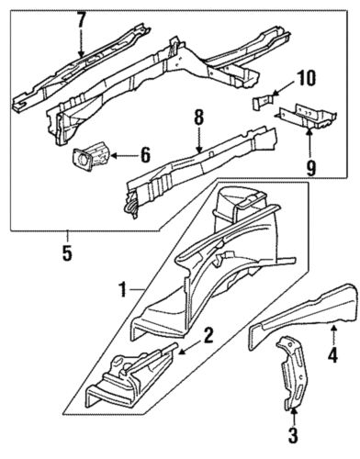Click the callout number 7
[x=81, y=18]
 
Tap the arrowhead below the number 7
[x=81, y=55]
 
